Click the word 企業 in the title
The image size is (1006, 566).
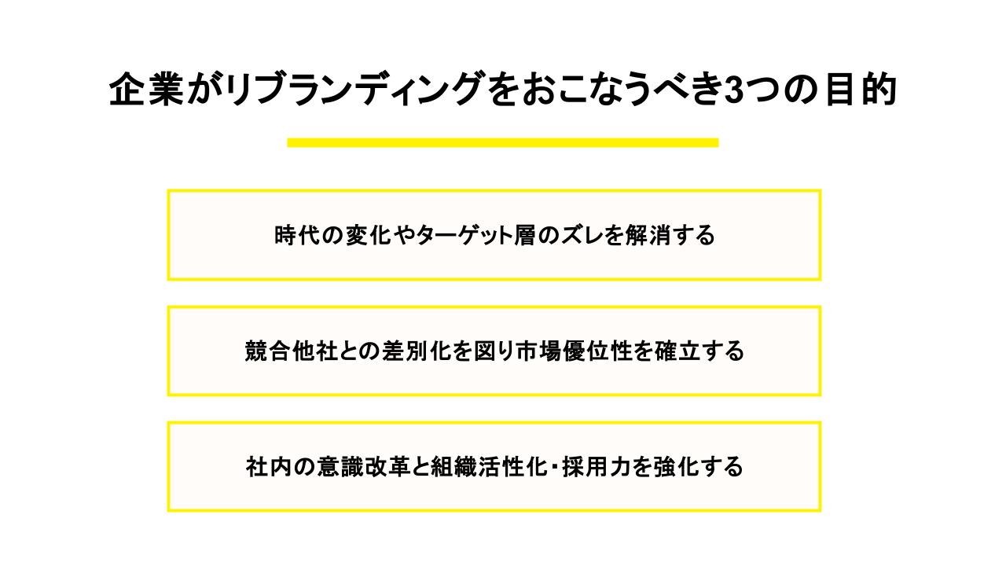tap(146, 89)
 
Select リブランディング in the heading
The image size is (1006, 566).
tap(354, 89)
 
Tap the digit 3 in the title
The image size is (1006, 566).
tap(733, 90)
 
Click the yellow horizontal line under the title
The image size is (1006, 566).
tap(503, 142)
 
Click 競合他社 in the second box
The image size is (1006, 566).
tap(292, 351)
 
